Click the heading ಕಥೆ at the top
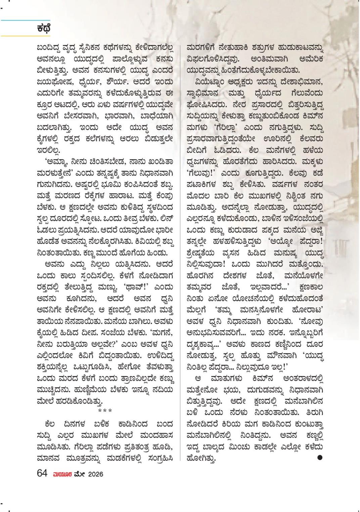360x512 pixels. (x=44, y=28)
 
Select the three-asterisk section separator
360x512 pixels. (x=105, y=411)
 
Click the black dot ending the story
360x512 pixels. (x=320, y=457)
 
